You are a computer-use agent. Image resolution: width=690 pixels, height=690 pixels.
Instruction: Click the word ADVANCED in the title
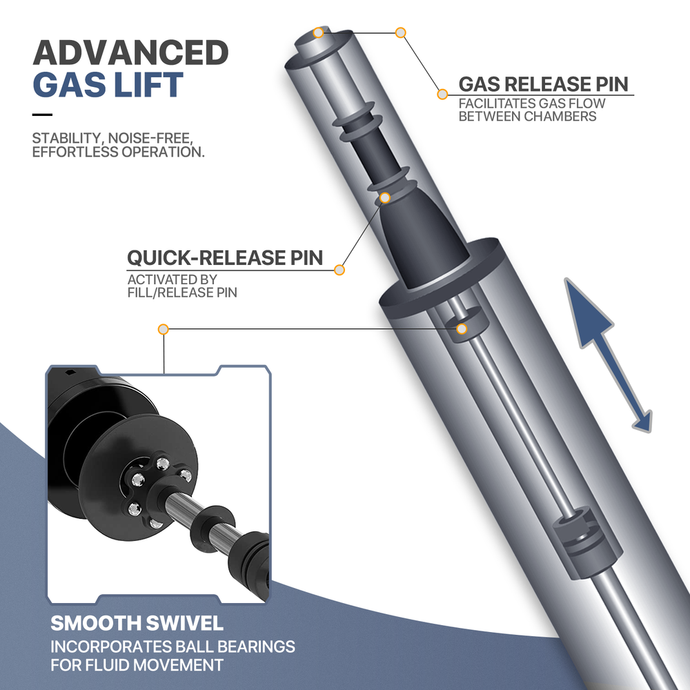[130, 52]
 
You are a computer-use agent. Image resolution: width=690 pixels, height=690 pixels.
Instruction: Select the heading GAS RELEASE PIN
[544, 84]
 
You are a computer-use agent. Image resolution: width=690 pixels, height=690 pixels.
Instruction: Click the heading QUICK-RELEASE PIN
[225, 258]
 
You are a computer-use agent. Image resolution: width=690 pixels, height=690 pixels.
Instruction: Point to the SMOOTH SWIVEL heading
[137, 623]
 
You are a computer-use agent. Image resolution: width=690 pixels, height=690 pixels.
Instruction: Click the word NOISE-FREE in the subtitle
[150, 138]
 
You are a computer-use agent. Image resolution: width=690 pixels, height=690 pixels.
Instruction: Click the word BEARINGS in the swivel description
[256, 647]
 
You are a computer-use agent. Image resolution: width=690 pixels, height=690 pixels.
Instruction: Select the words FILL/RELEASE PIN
[182, 292]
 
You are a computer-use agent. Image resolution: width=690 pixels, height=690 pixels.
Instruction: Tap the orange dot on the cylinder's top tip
[318, 32]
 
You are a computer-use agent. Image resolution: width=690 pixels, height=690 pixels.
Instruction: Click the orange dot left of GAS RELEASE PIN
[442, 94]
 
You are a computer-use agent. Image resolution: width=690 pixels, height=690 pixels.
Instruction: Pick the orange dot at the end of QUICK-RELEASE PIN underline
[339, 270]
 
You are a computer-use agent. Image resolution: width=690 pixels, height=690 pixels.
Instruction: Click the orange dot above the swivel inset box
[164, 329]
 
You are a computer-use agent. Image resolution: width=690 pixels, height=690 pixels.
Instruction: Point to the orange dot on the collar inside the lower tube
[462, 328]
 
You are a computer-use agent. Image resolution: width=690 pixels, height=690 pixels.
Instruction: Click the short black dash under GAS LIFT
[42, 115]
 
